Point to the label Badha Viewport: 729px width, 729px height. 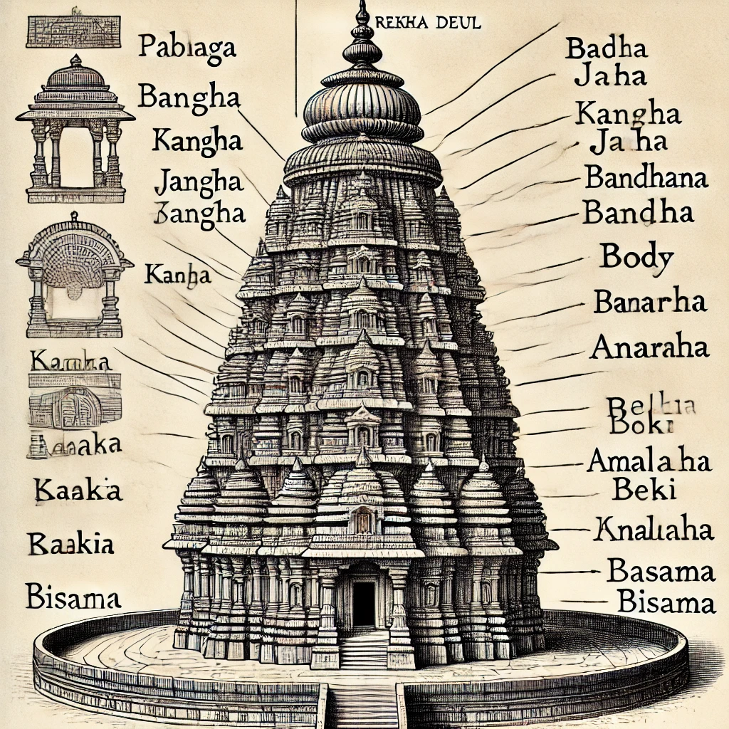(606, 51)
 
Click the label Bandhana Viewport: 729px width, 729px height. (646, 177)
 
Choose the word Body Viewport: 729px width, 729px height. (636, 256)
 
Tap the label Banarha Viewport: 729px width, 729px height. (650, 303)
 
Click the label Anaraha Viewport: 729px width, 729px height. (649, 348)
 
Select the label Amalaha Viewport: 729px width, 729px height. (649, 462)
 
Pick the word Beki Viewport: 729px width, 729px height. (636, 490)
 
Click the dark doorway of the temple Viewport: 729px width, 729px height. (363, 604)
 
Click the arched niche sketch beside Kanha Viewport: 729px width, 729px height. (74, 278)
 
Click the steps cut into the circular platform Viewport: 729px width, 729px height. (364, 701)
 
